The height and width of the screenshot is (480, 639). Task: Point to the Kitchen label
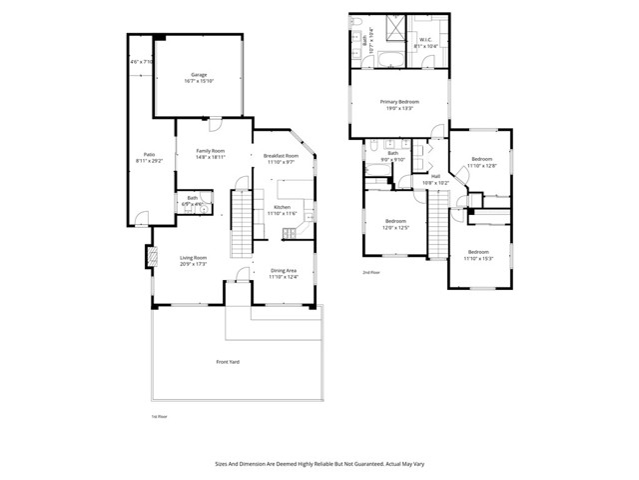coord(282,208)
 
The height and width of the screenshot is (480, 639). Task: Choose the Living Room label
coord(193,259)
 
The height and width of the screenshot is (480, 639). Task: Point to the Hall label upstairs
coord(435,177)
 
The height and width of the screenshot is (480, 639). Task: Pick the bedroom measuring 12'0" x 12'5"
coord(395,222)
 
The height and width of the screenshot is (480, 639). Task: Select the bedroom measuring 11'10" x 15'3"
coord(478,253)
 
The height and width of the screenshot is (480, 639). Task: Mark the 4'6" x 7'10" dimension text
coord(140,62)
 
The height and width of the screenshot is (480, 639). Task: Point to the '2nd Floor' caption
coord(370,272)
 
